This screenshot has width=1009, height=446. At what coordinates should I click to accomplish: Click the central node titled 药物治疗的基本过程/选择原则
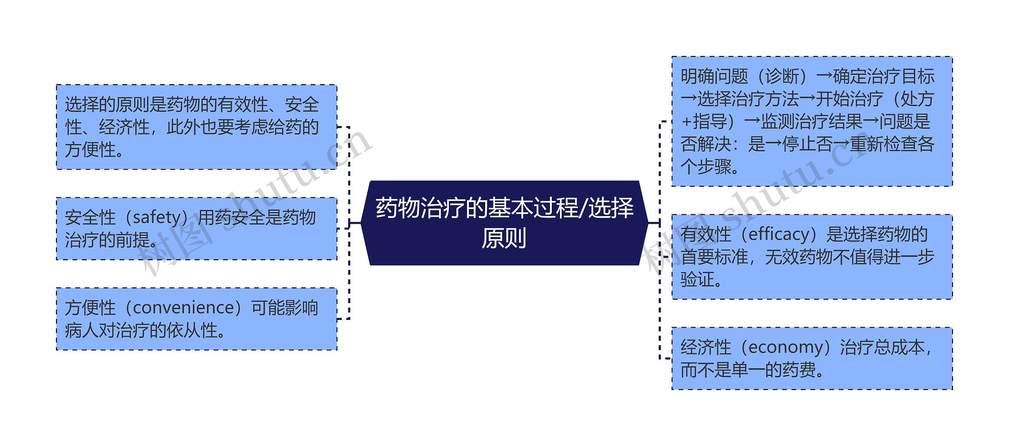[x=504, y=223]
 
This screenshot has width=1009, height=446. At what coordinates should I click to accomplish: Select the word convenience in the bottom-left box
[x=184, y=308]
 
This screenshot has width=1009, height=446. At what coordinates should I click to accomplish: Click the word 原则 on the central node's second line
[x=504, y=238]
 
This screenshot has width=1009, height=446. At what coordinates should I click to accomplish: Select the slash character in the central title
[x=583, y=208]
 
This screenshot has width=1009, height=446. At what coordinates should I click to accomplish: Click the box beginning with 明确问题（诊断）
[x=812, y=121]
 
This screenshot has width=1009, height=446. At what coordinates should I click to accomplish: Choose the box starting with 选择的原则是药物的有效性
[x=196, y=127]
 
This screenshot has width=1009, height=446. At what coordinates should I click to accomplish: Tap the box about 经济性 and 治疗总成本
[x=812, y=359]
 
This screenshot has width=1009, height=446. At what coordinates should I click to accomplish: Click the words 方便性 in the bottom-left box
[x=90, y=308]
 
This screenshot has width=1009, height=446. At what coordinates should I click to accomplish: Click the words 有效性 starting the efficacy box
[x=706, y=234]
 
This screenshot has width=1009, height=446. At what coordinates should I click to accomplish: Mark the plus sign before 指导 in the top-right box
[x=687, y=122]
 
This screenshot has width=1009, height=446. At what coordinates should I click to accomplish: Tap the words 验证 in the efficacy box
[x=698, y=280]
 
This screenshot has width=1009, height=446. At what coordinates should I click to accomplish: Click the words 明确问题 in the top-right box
[x=714, y=76]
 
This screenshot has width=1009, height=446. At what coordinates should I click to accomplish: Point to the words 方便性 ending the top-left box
[x=90, y=150]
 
